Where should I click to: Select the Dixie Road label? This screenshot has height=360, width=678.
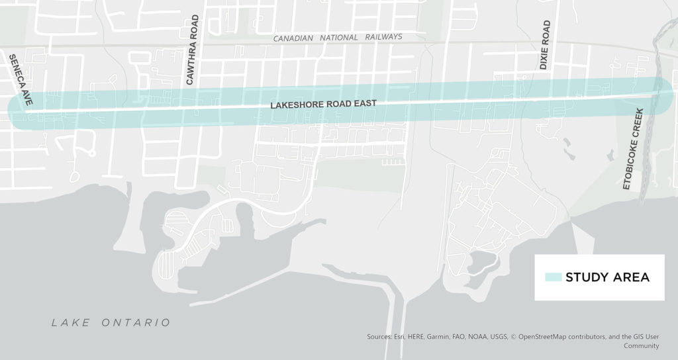[x=545, y=45]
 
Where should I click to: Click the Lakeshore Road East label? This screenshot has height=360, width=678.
[x=323, y=105]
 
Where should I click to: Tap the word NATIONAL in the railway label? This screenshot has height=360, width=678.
[x=340, y=38]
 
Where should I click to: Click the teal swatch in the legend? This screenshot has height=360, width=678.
[x=553, y=277]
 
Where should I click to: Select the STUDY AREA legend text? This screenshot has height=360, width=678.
[x=607, y=277]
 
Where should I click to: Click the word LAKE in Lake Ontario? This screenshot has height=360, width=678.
[x=71, y=323]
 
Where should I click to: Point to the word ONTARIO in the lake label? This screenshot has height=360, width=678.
[x=136, y=323]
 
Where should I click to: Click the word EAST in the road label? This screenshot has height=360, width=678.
[x=365, y=103]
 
